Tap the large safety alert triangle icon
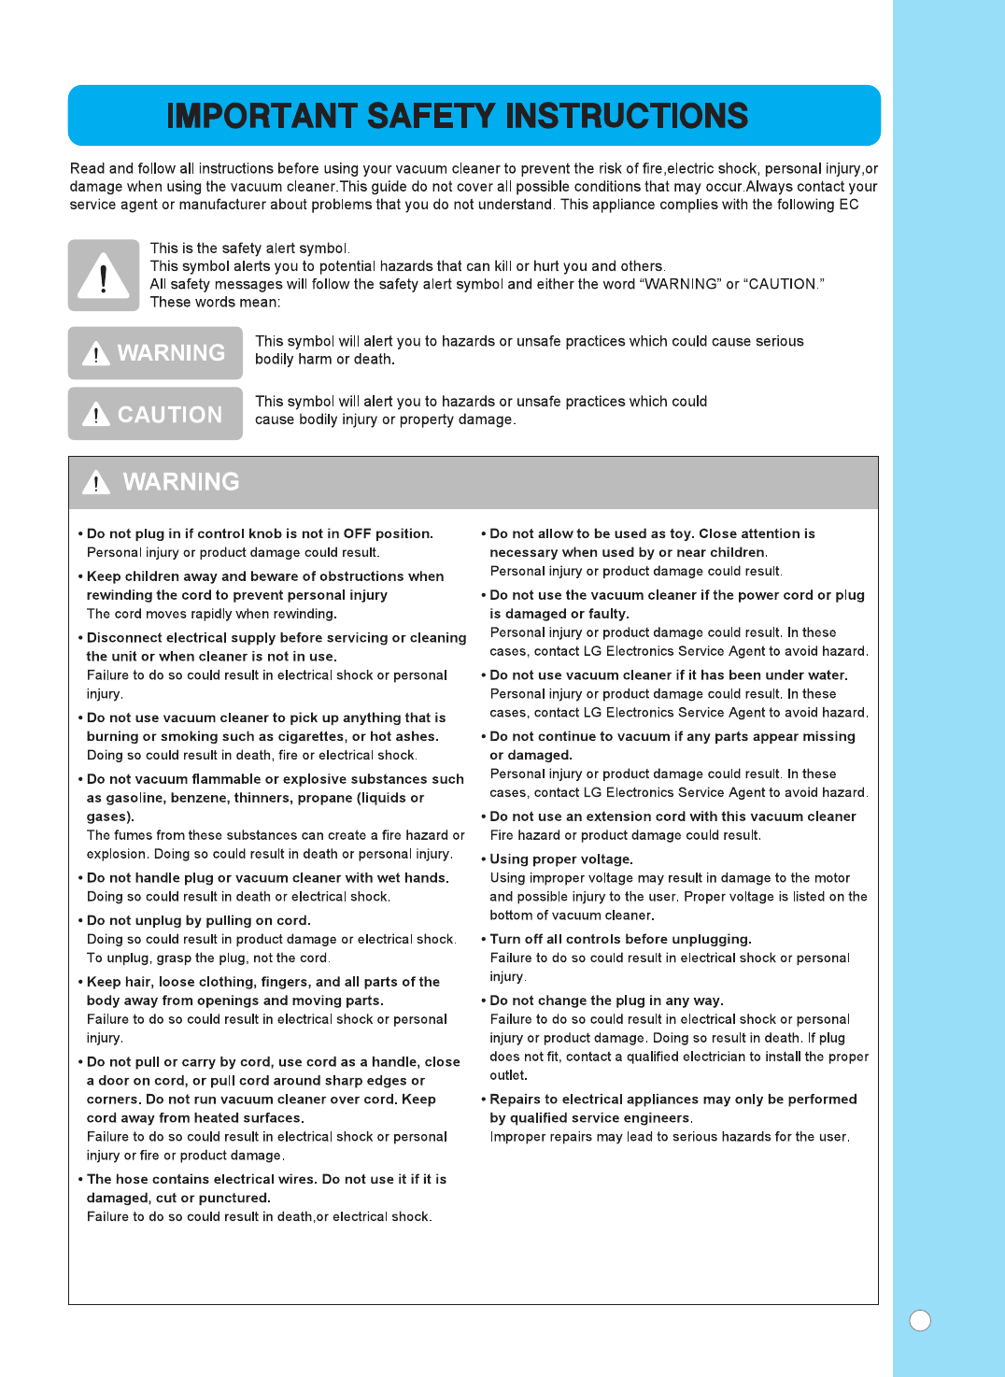[103, 276]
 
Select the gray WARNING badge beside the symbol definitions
[155, 353]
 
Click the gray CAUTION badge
[155, 414]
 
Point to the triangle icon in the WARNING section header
[96, 482]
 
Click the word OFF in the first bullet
[357, 533]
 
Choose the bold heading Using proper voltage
[561, 859]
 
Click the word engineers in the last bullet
[657, 1118]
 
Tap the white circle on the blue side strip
[920, 1320]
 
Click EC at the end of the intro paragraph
[848, 205]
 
